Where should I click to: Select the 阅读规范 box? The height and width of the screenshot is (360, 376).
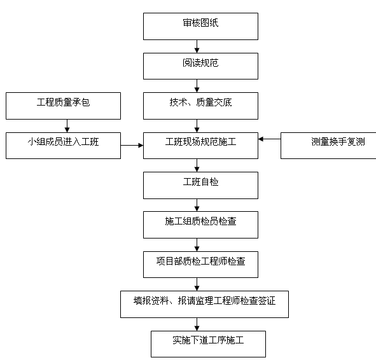(200, 66)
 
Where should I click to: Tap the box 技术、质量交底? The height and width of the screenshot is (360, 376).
(200, 106)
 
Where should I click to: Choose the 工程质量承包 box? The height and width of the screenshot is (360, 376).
(63, 106)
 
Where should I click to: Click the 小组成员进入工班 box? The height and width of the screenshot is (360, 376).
(63, 145)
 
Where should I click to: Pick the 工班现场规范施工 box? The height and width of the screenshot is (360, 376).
(200, 145)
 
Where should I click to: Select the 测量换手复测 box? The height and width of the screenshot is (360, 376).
(328, 145)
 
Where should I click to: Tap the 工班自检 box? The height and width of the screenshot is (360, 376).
(200, 184)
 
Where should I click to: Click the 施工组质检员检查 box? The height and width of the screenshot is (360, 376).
(200, 224)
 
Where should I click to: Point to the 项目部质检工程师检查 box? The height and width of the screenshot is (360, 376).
(200, 263)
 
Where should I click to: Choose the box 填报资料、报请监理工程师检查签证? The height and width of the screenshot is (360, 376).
(204, 303)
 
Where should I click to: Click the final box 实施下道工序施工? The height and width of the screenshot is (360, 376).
(208, 343)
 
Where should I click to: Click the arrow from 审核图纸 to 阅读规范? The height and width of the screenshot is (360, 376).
(198, 46)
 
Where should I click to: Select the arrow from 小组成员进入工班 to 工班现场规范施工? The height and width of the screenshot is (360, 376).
(132, 146)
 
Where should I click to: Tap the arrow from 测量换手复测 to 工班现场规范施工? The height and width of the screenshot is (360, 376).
(269, 138)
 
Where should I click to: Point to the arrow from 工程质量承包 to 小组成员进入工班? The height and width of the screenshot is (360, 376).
(67, 126)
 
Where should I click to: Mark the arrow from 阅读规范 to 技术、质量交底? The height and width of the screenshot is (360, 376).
(198, 86)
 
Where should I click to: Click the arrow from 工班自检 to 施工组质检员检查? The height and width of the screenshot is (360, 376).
(198, 205)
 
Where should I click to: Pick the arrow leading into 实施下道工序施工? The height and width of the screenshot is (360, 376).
(198, 324)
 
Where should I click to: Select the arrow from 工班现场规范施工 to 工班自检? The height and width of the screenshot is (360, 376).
(198, 165)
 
